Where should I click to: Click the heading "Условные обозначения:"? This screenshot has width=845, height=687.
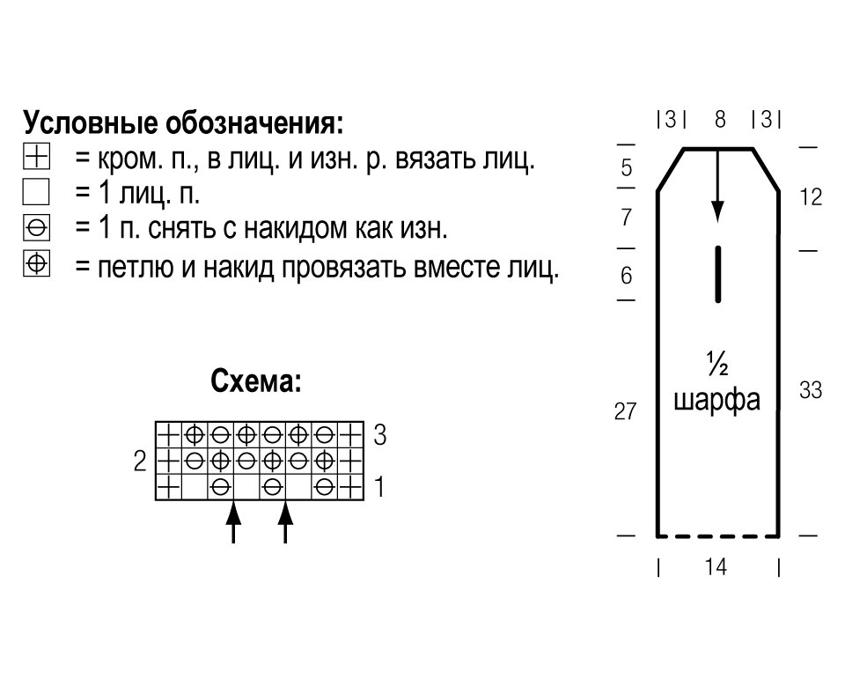tap(183, 124)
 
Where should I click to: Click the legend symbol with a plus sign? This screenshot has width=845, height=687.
tap(37, 157)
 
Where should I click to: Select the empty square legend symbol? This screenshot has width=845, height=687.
tap(36, 192)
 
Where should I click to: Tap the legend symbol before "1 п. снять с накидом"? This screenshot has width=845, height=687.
tap(37, 228)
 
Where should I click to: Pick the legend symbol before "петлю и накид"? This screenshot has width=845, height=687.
tap(37, 263)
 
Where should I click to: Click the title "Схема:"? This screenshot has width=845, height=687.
tap(256, 381)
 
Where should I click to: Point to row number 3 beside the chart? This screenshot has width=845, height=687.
tap(380, 434)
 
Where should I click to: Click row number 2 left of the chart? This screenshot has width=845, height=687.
tap(140, 461)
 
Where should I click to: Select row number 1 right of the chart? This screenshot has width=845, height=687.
tap(379, 487)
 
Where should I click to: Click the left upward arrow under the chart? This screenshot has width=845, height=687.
tap(233, 522)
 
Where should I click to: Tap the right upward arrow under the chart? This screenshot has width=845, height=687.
tap(285, 522)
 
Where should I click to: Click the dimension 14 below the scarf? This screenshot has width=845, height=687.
tap(716, 566)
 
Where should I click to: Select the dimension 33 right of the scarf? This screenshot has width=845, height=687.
tap(811, 390)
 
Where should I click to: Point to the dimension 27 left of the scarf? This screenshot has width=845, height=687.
tap(625, 411)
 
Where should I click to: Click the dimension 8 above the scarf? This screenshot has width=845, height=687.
tap(720, 119)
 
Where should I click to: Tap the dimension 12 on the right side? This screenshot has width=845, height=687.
tap(811, 197)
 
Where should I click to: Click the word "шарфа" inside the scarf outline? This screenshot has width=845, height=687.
tap(717, 401)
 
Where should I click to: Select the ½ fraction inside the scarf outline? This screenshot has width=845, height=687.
tap(717, 364)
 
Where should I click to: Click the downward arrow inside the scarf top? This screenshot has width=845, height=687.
tap(717, 185)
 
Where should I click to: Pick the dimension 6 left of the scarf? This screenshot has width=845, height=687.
tap(626, 276)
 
